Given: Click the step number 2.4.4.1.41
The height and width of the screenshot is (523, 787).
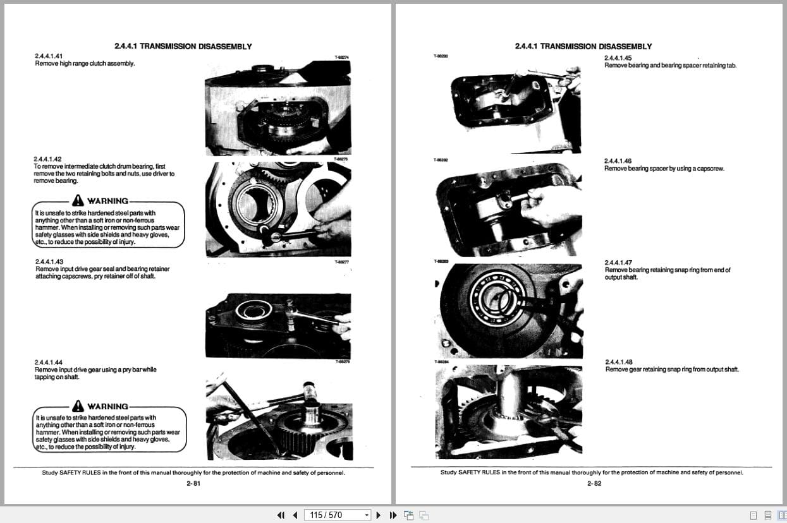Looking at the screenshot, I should coord(49,56).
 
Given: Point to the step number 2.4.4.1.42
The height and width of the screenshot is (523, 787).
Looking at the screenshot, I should coord(48,159).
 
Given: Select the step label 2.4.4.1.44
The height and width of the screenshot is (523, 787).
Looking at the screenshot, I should coord(49,362).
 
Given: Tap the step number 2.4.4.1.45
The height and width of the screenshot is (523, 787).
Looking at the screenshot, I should coord(618,58).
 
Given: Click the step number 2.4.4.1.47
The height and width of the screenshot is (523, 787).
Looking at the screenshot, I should coord(618,262).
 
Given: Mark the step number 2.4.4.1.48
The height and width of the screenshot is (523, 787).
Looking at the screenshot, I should coord(618,362).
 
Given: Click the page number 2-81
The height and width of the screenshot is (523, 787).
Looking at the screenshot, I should coord(193,484).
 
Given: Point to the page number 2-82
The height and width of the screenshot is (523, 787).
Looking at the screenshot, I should coord(594,484).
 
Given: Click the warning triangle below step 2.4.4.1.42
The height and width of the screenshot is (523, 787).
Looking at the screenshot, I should coord(78,201).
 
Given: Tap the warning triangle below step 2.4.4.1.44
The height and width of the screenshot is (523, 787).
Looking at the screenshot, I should coord(78,406).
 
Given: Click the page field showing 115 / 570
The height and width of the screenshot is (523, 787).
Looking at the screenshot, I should coord(335,515).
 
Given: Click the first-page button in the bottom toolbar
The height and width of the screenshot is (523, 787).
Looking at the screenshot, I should coord(281,515).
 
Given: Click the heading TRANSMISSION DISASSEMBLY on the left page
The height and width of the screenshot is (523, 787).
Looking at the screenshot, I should coord(195,46).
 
